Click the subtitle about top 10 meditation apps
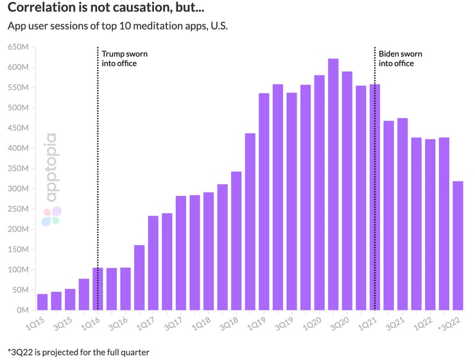pos(117,26)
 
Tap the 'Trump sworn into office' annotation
pos(119,58)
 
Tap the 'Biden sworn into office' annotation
pos(396,58)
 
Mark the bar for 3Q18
pos(236,241)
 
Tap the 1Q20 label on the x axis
pos(313,326)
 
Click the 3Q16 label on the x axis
pos(119,326)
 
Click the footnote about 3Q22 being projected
pos(78,352)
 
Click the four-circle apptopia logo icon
pos(51,216)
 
